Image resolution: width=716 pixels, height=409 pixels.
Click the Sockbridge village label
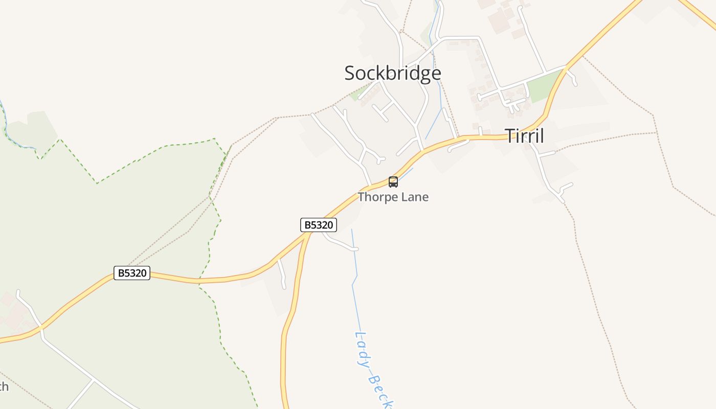pos(392,73)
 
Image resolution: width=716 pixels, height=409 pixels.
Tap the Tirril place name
pos(524,136)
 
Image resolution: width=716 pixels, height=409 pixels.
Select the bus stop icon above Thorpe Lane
pos(393,181)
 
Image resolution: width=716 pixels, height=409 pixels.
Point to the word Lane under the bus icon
pos(416,197)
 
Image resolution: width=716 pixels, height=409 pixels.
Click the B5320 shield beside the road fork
pos(318,225)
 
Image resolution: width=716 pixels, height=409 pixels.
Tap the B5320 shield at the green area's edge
pos(132,273)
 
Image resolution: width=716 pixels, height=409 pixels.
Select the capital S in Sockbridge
pos(350,73)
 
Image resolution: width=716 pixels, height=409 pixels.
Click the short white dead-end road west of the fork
pos(282,274)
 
